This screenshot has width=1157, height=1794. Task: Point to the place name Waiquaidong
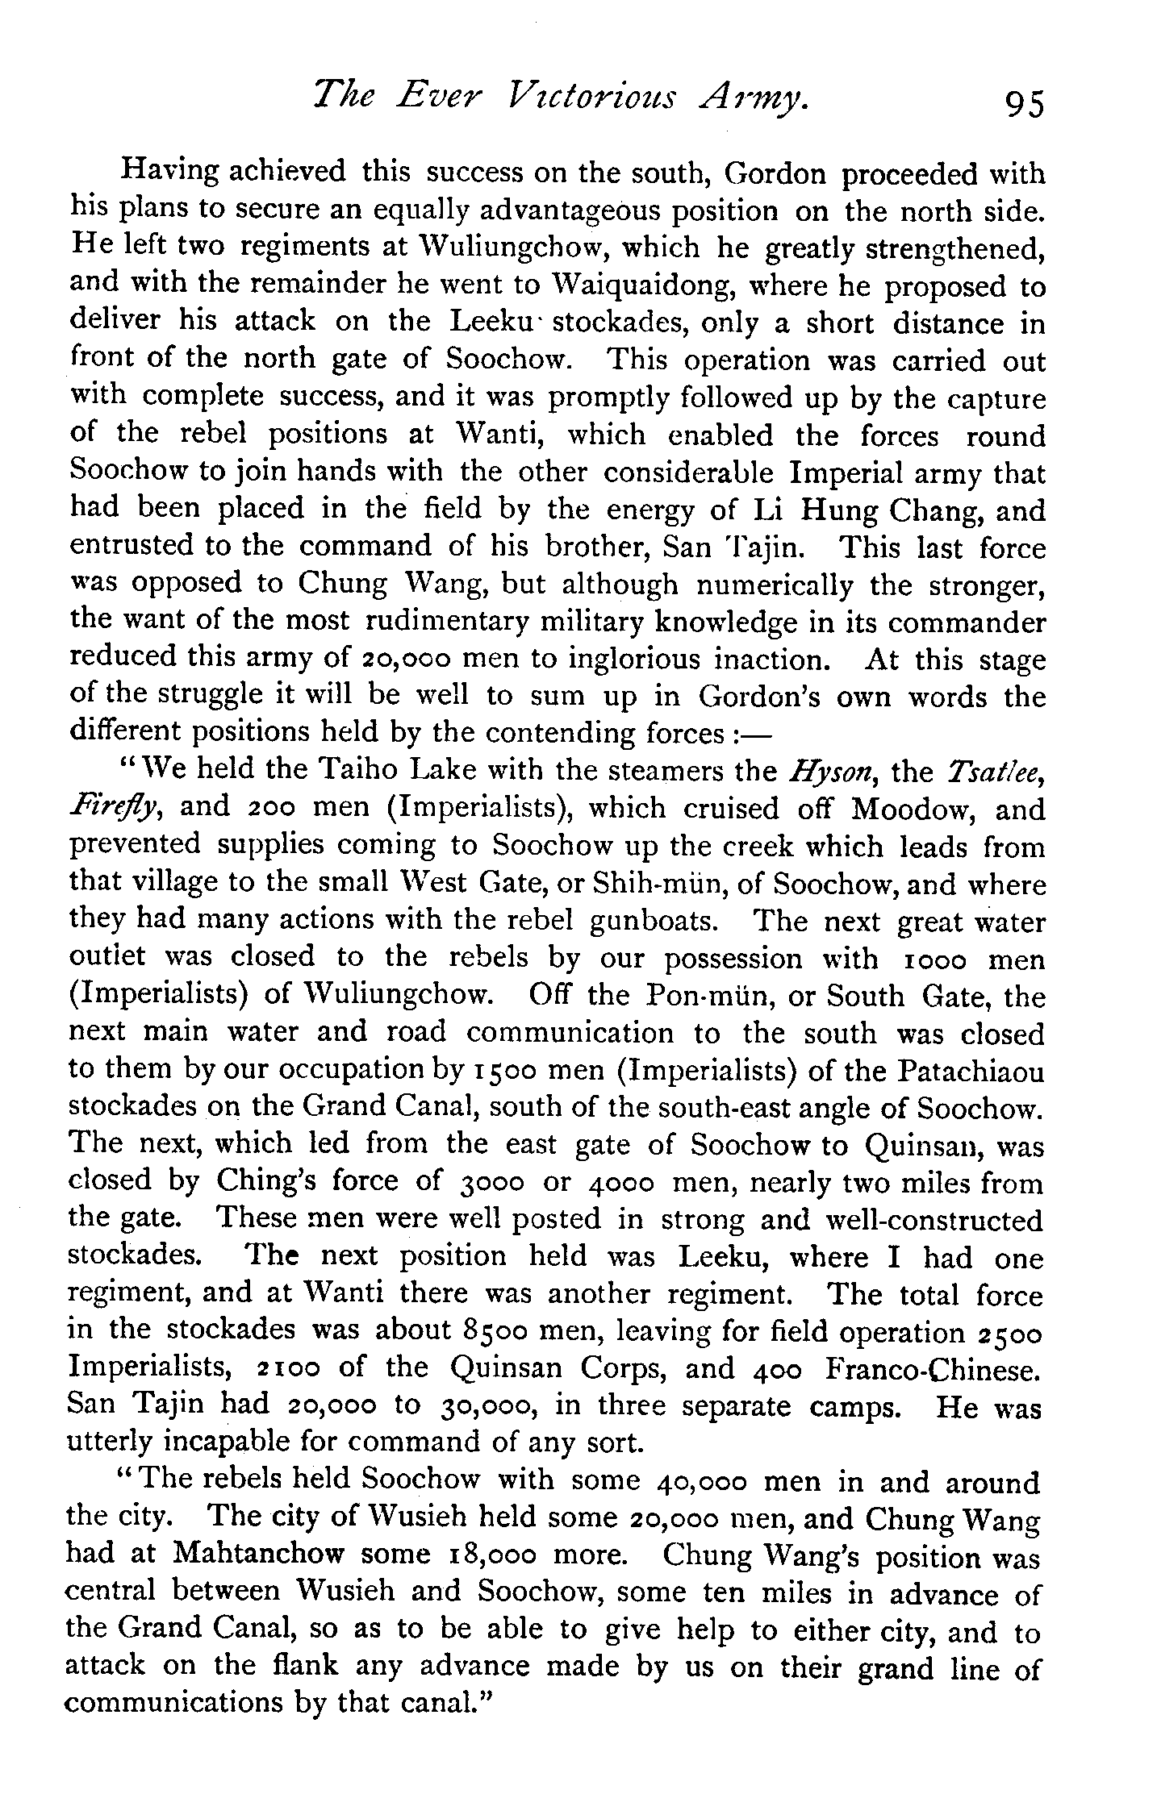pos(650,285)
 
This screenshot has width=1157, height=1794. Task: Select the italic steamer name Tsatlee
pos(996,772)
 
